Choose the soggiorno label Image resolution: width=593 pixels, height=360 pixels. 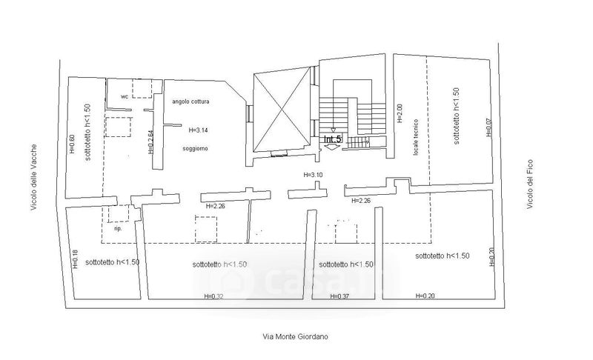coord(194,149)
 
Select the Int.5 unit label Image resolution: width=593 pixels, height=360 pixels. coord(332,139)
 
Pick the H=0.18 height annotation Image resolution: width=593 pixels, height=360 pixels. coord(74,258)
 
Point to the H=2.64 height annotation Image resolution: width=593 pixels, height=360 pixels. coord(150,141)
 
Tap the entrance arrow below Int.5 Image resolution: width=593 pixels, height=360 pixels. coord(331,147)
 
